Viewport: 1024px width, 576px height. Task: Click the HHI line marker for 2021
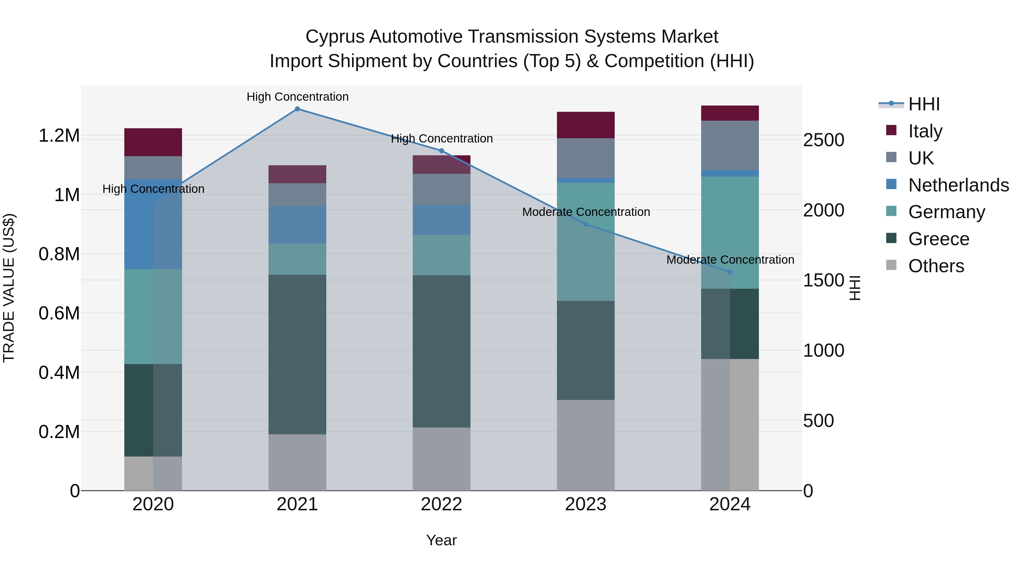click(x=297, y=109)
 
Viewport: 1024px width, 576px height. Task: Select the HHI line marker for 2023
click(x=586, y=224)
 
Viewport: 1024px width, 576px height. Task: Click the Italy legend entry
click(x=925, y=131)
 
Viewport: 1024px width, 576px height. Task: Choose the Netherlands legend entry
click(x=958, y=185)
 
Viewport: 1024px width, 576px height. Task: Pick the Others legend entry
click(x=936, y=266)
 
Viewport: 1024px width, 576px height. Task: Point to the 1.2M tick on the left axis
click(x=59, y=136)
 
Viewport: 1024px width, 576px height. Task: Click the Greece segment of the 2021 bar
click(x=297, y=354)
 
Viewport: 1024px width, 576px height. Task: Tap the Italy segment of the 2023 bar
click(x=586, y=125)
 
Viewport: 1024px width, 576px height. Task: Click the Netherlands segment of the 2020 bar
click(x=153, y=224)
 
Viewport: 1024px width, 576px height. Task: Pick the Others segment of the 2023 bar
click(x=586, y=445)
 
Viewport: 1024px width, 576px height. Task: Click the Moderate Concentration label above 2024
click(x=730, y=260)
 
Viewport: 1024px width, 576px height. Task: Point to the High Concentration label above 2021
click(x=297, y=97)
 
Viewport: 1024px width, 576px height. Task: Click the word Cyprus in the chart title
click(x=334, y=37)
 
